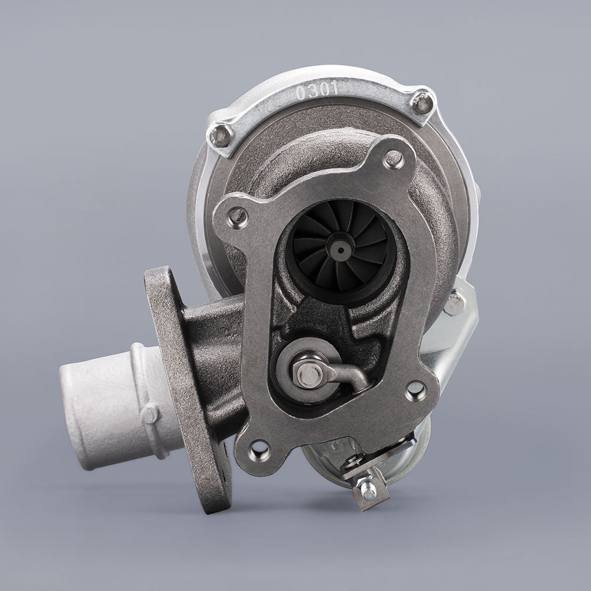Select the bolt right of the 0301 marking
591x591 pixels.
click(421, 102)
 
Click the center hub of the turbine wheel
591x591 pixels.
click(341, 249)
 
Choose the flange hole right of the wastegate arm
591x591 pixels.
click(416, 389)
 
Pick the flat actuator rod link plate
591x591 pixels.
click(366, 460)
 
